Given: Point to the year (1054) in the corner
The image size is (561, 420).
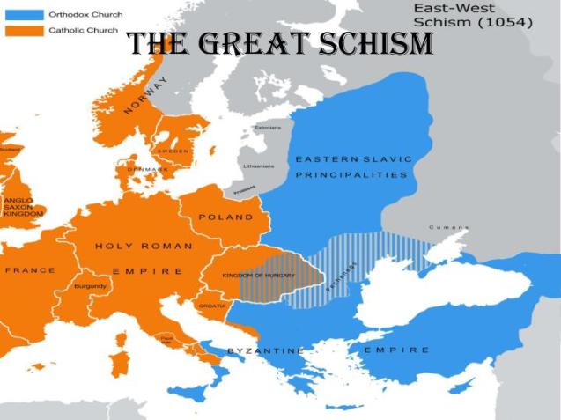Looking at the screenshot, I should (x=509, y=23).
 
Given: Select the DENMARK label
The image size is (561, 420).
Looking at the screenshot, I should (x=146, y=169).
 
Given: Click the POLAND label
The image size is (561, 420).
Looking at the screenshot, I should (x=225, y=217).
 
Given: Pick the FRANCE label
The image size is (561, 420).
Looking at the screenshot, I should (x=30, y=270).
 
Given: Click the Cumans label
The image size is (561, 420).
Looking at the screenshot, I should (x=447, y=227).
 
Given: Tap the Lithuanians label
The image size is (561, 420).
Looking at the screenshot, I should (x=258, y=165).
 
